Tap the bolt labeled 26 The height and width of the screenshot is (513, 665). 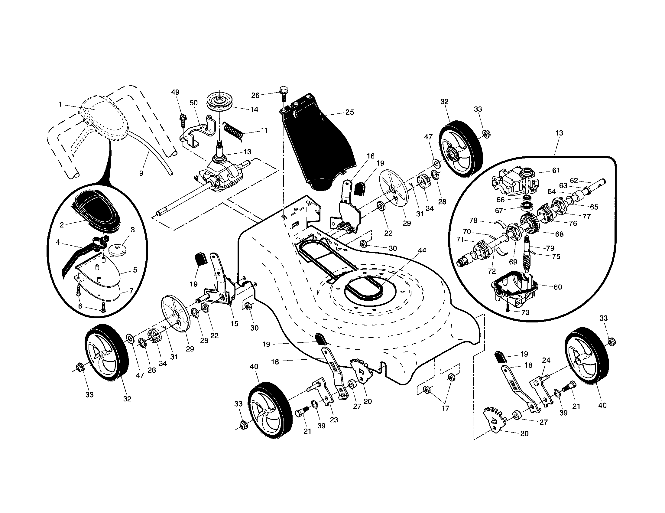[283, 93]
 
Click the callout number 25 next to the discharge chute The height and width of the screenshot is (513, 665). [350, 112]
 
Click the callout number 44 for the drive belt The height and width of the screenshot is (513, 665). [422, 250]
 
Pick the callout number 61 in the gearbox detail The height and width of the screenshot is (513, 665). [556, 170]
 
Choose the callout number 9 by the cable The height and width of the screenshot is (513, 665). [141, 173]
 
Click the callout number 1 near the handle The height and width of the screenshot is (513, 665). [60, 104]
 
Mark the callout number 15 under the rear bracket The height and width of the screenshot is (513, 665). [234, 324]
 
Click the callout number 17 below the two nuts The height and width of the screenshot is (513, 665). [445, 408]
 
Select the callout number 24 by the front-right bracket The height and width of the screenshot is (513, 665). [546, 360]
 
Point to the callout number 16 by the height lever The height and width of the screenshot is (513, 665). [370, 156]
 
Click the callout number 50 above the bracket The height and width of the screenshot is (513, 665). [194, 103]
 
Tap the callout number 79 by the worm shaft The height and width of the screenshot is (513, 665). [550, 248]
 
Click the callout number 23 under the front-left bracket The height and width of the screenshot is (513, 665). [334, 420]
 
